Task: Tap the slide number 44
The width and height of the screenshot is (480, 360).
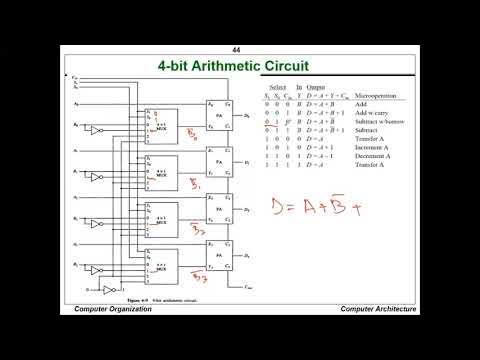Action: [x=237, y=50]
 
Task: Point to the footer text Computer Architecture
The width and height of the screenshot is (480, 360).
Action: [x=377, y=309]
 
